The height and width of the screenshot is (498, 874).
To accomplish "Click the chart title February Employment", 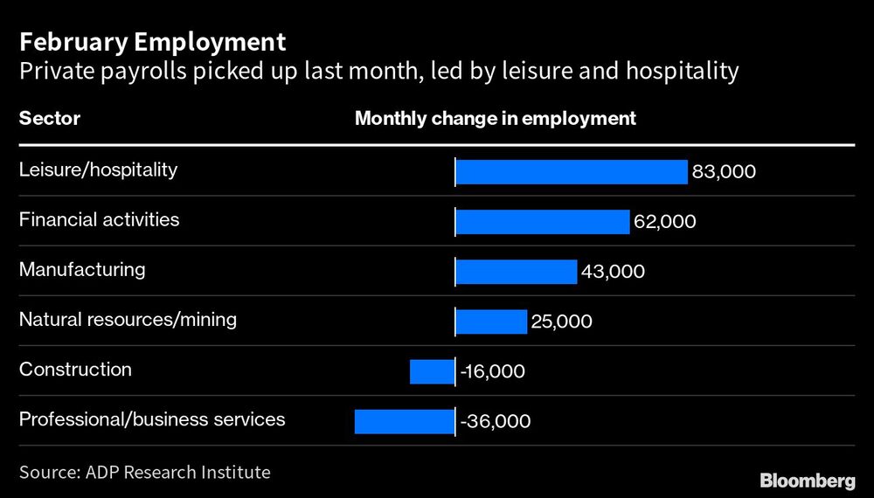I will tap(152, 41).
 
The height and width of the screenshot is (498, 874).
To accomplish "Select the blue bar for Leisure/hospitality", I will tap(572, 172).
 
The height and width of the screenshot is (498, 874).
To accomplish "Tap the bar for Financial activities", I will tap(542, 222).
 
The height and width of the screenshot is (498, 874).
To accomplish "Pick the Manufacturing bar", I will tap(516, 272).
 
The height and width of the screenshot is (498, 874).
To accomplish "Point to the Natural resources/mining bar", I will tap(491, 322).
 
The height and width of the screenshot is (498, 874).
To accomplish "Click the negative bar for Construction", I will tap(432, 371).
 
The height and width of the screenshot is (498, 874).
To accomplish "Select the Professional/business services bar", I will tap(404, 421).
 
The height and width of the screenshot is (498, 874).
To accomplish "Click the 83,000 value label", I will tap(724, 172).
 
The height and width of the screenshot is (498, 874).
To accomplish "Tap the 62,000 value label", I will tap(664, 222).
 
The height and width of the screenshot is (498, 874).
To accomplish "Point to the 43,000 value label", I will tap(613, 272).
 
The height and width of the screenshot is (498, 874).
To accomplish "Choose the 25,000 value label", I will tap(561, 322).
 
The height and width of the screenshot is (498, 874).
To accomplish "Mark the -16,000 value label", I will tap(492, 371).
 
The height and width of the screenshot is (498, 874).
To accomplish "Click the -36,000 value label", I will tap(495, 421).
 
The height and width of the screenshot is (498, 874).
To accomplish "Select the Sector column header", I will tap(50, 118).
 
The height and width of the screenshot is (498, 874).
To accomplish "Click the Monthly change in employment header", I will tap(495, 118).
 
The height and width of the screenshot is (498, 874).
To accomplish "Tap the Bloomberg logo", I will tap(807, 480).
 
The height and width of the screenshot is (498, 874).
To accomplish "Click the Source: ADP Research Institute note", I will tap(145, 473).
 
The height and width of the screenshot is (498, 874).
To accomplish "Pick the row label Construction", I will tap(75, 370).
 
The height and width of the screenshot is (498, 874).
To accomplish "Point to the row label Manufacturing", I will tap(82, 269).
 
